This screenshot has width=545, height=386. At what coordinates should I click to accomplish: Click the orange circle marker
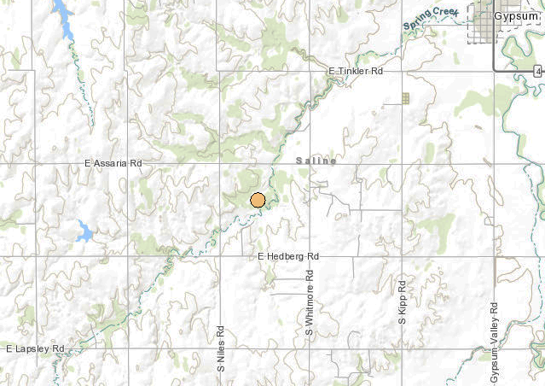click(258, 201)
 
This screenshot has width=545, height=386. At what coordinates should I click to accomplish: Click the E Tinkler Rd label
click(356, 71)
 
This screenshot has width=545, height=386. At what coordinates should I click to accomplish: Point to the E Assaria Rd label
click(113, 162)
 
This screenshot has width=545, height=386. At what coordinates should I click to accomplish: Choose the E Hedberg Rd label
click(287, 256)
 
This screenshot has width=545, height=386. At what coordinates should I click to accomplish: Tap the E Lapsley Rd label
click(35, 349)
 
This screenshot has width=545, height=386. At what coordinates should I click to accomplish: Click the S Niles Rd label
click(219, 354)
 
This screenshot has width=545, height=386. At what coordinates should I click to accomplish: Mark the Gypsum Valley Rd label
click(494, 342)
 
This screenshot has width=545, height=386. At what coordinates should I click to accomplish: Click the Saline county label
click(316, 161)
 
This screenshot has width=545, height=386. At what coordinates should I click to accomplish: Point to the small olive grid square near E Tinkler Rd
click(405, 98)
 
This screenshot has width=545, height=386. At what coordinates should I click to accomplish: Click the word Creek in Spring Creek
click(444, 15)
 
